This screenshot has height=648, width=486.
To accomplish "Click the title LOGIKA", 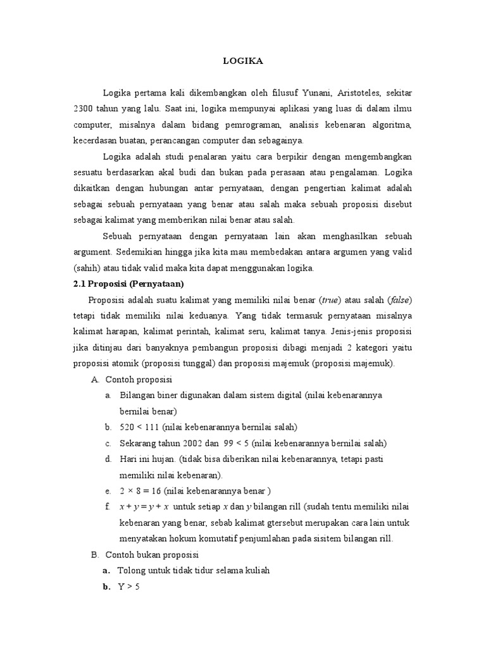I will [x=243, y=61].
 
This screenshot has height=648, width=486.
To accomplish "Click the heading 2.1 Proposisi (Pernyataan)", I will [x=128, y=283].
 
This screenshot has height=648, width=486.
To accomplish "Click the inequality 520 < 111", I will [x=140, y=427].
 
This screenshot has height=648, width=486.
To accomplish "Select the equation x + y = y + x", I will [x=144, y=507].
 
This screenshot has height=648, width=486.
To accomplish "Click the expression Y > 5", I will [x=128, y=587].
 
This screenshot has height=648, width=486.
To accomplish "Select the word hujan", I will [x=162, y=459].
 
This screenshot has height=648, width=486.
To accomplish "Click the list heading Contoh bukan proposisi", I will [x=152, y=555].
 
